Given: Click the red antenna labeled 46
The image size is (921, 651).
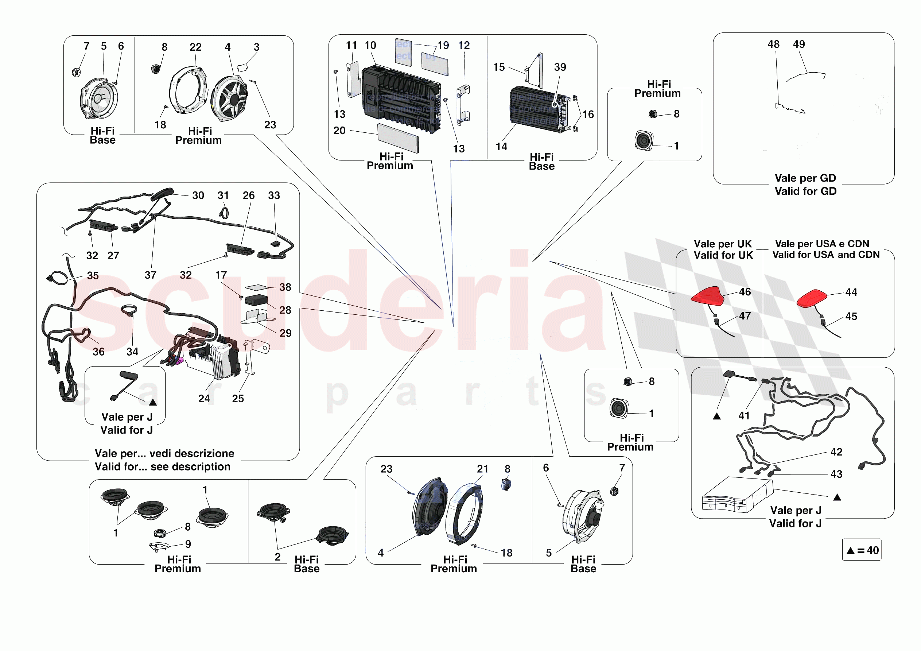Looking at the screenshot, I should click(x=709, y=297).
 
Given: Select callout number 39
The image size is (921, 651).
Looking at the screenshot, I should click(x=560, y=67).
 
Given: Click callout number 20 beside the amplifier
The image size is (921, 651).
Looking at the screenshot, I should click(x=339, y=131).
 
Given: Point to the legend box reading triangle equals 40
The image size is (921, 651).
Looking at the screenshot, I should click(x=861, y=550).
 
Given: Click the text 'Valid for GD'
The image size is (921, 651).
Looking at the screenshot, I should click(x=805, y=191).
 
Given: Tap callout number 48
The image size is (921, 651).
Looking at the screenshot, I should click(x=773, y=44).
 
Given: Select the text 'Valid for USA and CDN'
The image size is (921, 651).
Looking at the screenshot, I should click(x=825, y=255).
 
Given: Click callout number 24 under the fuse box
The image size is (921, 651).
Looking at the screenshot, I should click(x=204, y=398).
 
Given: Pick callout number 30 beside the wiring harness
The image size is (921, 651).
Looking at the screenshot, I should click(x=198, y=195).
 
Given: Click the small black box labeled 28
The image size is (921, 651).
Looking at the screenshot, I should click(x=256, y=300).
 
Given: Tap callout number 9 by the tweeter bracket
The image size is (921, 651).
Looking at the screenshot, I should click(x=188, y=544).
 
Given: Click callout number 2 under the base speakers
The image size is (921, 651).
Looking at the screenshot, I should click(x=277, y=556).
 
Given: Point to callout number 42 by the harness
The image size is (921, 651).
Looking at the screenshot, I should click(x=836, y=452).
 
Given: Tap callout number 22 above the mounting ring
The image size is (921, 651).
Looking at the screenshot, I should click(x=195, y=47).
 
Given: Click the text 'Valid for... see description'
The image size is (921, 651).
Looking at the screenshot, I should click(x=163, y=466).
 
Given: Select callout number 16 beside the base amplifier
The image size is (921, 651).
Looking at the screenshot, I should click(x=588, y=115).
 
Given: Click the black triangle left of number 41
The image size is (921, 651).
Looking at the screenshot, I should click(x=716, y=416).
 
